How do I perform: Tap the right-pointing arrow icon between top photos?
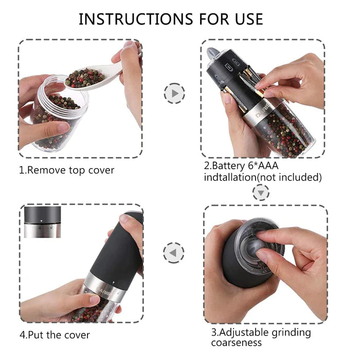click(174, 94)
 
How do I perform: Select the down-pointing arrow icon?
click(262, 192)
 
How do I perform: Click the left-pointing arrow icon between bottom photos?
click(173, 253)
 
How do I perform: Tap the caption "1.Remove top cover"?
click(67, 170)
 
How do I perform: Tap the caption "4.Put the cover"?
click(55, 335)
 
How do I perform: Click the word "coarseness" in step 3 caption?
click(237, 343)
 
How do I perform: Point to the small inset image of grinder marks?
click(42, 222)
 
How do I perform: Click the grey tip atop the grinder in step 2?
click(212, 53)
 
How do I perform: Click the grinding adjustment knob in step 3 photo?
click(257, 242)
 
